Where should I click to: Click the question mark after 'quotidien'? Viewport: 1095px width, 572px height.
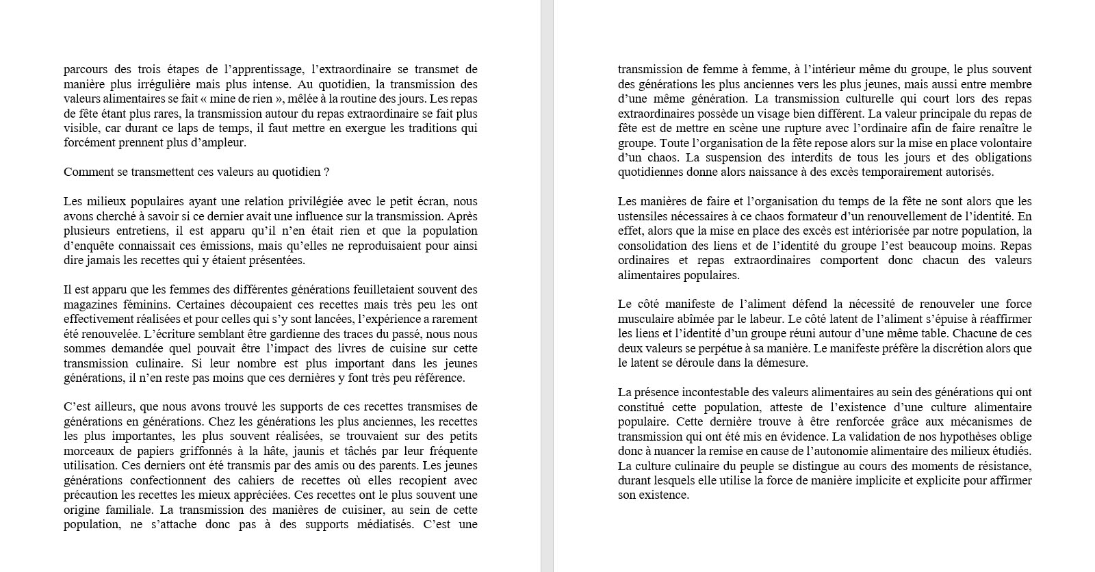[x=326, y=172]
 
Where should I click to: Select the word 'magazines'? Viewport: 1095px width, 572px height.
[x=92, y=304]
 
